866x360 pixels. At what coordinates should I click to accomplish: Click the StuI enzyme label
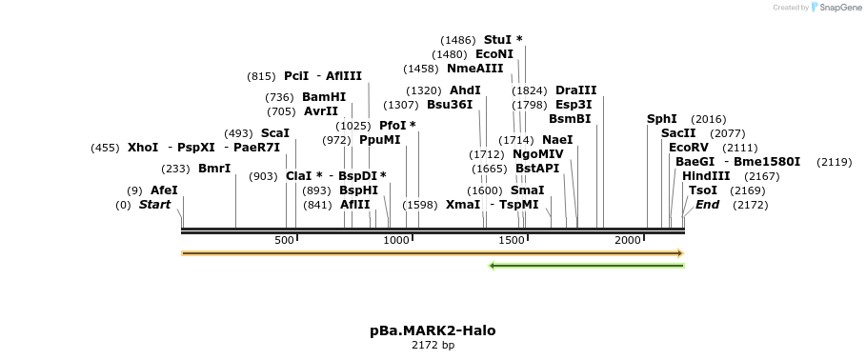(497, 40)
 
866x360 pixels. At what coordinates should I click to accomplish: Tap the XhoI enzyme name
(143, 148)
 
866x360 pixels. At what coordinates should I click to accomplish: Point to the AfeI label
(164, 190)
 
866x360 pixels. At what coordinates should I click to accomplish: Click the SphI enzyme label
(662, 119)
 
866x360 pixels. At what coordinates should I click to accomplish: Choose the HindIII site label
(706, 176)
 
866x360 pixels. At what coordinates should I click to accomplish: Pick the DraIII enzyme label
(575, 90)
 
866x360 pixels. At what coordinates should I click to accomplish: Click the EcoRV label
(689, 148)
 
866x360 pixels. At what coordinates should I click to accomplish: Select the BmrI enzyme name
(214, 169)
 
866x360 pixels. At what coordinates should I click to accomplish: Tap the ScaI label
(275, 133)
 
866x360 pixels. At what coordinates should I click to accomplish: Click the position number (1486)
(458, 40)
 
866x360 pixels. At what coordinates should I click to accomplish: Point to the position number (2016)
(708, 119)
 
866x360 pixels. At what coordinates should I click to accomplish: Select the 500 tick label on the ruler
(284, 240)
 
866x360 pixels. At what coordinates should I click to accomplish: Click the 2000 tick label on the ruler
(627, 240)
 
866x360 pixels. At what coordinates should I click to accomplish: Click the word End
(708, 205)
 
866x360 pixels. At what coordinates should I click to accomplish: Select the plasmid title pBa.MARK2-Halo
(433, 330)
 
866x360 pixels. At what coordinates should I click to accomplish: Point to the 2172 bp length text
(433, 345)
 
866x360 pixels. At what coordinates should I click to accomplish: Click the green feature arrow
(586, 266)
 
